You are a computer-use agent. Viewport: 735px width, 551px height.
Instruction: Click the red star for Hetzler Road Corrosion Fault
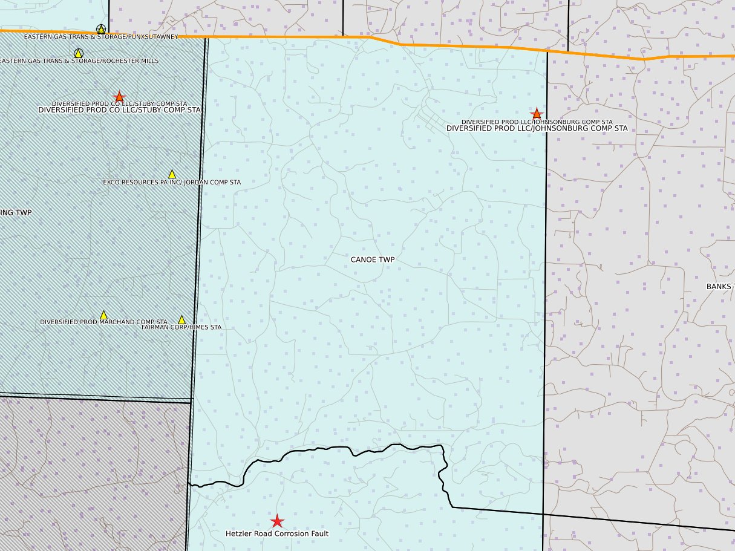277,521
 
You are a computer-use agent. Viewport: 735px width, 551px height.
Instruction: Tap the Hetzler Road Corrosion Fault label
277,534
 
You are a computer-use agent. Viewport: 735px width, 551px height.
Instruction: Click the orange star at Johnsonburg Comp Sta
536,114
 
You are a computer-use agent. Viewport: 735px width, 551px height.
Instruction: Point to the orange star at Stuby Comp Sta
119,97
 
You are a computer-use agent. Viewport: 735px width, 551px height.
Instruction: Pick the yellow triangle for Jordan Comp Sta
172,174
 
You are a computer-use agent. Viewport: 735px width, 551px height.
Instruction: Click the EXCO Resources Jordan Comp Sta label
172,182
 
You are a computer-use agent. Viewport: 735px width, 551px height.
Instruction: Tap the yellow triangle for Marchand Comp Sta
103,315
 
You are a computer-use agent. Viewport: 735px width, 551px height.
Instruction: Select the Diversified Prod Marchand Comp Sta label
103,322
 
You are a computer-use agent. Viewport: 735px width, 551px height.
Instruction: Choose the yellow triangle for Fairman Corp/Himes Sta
181,320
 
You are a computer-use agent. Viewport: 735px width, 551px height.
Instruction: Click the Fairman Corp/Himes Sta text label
181,327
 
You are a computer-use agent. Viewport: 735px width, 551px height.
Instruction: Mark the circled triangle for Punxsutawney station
101,29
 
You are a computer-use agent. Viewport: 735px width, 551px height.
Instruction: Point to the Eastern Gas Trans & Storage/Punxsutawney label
101,37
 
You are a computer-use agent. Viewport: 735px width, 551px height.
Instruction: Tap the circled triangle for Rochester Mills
78,53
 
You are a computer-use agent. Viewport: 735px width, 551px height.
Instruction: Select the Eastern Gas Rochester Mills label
79,61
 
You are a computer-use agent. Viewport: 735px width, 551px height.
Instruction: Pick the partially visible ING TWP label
16,212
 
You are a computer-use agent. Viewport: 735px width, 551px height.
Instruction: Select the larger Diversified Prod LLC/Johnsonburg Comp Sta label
537,128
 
